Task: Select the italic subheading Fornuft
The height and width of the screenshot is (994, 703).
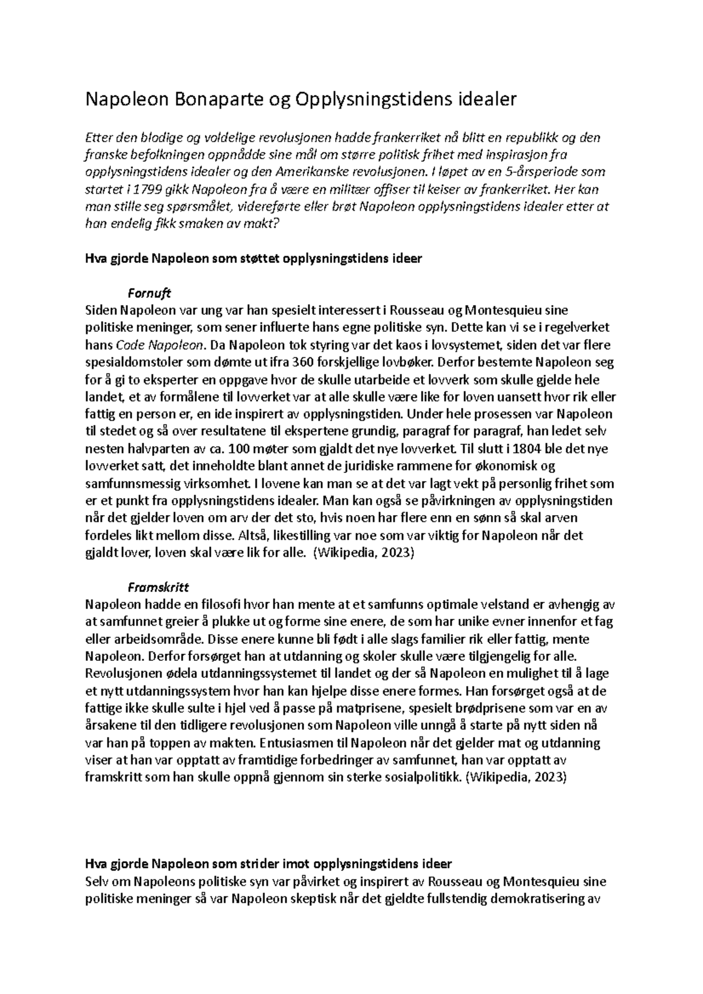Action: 149,293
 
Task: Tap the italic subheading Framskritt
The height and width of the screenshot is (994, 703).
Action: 158,587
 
